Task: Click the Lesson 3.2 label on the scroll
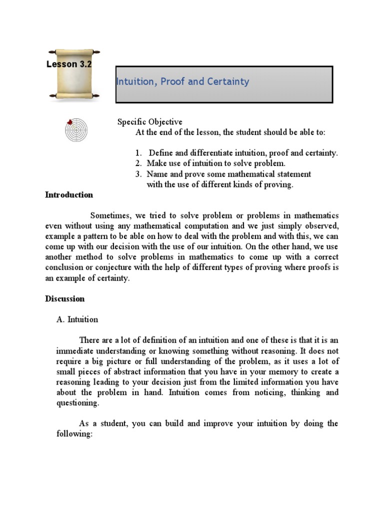[x=68, y=64]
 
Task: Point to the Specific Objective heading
[x=150, y=122]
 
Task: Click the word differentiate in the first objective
[x=210, y=153]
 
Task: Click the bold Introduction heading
[x=69, y=195]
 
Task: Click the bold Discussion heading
[x=65, y=299]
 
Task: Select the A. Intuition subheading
[x=77, y=319]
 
